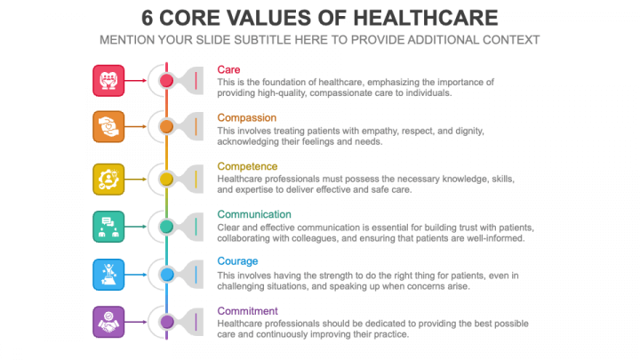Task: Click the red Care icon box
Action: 108,80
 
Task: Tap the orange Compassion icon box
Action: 108,126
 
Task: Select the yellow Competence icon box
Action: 108,179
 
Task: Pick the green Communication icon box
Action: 108,226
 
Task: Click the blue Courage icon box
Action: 108,274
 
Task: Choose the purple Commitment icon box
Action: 108,321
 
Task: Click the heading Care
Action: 228,69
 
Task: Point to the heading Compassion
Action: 246,117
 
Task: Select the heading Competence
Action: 247,166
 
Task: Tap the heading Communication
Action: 253,214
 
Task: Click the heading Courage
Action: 237,261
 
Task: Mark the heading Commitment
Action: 247,311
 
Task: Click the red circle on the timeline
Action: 166,81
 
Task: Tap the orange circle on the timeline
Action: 166,127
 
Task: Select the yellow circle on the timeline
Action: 166,179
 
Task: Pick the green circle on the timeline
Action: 166,227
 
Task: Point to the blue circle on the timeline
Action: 166,275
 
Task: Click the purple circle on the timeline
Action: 166,322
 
